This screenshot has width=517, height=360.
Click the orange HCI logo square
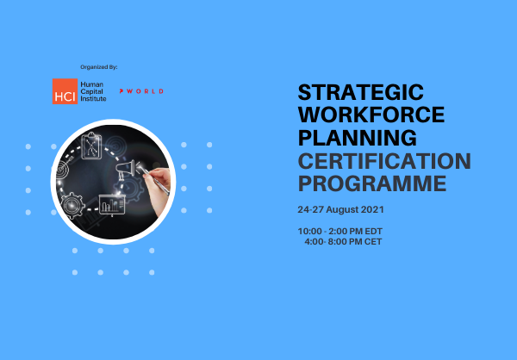(x=64, y=91)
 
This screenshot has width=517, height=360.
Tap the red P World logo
(x=142, y=90)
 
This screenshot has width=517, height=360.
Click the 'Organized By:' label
(x=98, y=66)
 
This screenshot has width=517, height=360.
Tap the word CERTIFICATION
(x=384, y=160)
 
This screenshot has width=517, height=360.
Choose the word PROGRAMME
(x=372, y=183)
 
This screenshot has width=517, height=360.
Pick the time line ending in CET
(x=343, y=242)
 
